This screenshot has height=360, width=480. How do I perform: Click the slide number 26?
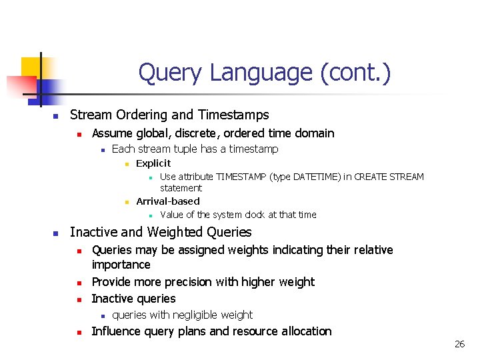coord(459,344)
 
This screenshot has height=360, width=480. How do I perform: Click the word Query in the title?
coord(169,73)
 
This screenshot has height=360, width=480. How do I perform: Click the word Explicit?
coord(153,163)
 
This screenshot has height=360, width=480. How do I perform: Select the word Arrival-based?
coord(168,201)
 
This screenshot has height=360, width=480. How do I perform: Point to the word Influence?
coord(117,331)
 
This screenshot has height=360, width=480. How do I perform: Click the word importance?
coord(121,265)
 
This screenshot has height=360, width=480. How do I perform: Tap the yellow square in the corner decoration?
coord(31,67)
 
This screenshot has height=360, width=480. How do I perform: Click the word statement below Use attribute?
coord(181,189)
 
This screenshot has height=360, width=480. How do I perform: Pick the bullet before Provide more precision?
coord(79,283)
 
